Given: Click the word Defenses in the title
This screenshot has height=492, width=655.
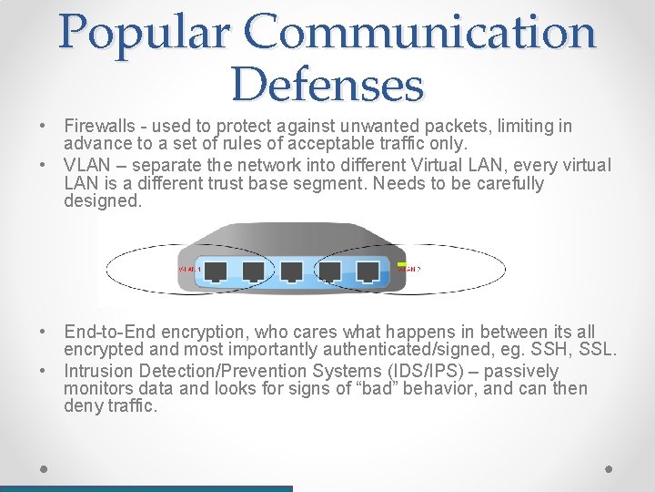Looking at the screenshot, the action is point(327,85).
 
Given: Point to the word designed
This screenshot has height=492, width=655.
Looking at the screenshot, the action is point(103,200).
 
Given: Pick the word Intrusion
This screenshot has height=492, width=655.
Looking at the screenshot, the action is point(98,371).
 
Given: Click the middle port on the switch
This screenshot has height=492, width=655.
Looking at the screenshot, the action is point(291,271).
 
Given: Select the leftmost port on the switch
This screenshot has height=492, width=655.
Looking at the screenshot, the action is point(217,271).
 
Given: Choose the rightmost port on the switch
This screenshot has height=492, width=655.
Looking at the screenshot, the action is point(368,271).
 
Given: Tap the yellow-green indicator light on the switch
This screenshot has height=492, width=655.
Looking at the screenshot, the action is point(401,264).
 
